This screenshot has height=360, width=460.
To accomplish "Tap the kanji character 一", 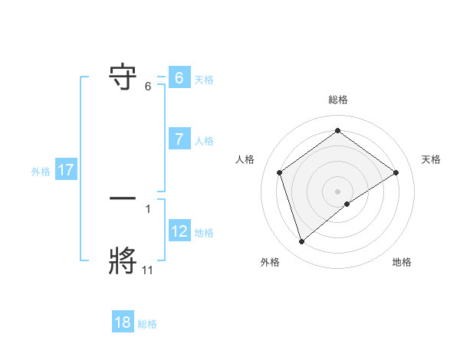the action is point(123,198).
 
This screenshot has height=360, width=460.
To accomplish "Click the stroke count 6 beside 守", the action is point(148,87).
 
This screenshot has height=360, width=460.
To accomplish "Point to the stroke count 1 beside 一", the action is point(148,208).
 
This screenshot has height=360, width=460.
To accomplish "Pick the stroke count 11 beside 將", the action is point(148,270).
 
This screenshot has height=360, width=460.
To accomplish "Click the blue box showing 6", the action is point(179,78).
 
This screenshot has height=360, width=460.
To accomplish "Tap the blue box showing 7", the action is point(179,139).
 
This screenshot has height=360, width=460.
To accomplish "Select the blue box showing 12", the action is point(179,231).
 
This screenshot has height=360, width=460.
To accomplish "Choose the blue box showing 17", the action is point(66,171).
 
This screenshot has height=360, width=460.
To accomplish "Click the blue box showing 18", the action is point(123,322).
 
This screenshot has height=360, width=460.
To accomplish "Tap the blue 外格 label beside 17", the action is point(41,172).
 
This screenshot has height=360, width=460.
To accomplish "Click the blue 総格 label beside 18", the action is point(147,324).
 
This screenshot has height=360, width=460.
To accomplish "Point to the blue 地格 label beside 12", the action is point(204,233).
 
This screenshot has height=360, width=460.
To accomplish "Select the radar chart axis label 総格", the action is point(338,100).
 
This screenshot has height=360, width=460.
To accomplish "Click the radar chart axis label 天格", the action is point(431,159).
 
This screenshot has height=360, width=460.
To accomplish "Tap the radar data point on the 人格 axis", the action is point(280,172).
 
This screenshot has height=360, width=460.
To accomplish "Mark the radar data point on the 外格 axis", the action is point(302,242).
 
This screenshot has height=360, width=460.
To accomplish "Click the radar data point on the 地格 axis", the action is point(347,203).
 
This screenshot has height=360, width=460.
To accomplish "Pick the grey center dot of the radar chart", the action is point(337,191).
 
